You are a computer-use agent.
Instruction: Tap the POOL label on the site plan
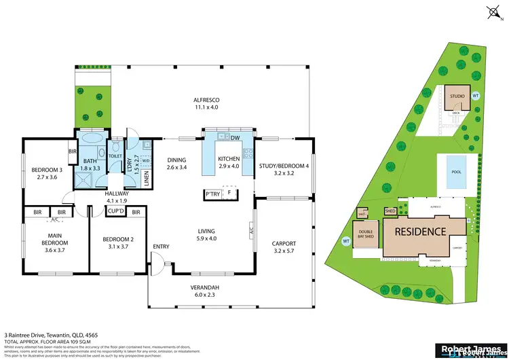click(x=455, y=171)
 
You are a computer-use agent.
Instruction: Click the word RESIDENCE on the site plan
click(x=421, y=231)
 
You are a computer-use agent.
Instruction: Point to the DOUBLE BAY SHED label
click(x=365, y=233)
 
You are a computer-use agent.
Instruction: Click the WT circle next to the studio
click(x=475, y=95)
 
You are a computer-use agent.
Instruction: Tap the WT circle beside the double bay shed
click(x=346, y=240)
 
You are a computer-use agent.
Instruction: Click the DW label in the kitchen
click(x=235, y=139)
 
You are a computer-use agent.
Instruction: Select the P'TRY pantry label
click(x=212, y=194)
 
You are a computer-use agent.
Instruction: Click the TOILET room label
click(x=115, y=156)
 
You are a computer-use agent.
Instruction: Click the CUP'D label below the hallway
click(x=115, y=212)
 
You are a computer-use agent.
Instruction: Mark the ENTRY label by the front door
click(x=162, y=246)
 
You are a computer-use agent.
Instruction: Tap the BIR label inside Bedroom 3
click(x=72, y=151)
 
